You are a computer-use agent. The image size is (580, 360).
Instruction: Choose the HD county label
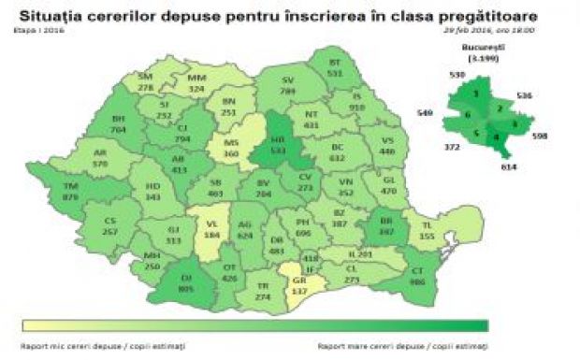tap(153, 192)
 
